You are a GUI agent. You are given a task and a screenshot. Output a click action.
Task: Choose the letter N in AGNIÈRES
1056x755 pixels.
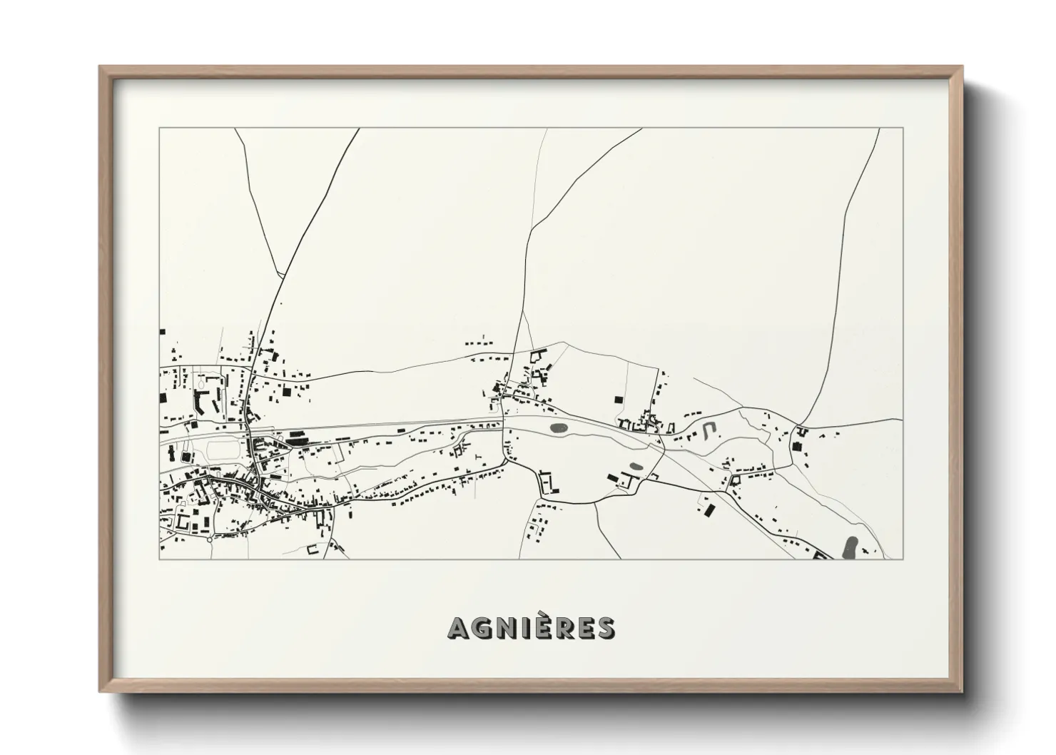(x=503, y=628)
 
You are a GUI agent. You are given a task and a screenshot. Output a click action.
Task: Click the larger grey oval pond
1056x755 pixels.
(x=559, y=429)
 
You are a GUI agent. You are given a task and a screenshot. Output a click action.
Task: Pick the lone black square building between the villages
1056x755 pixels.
(x=619, y=400)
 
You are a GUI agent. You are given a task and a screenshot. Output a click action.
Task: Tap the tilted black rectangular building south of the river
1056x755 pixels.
(x=709, y=510)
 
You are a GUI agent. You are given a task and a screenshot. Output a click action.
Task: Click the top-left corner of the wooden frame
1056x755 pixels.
(x=99, y=66)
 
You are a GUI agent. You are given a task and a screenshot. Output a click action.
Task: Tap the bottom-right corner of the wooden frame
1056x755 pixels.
(x=963, y=693)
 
